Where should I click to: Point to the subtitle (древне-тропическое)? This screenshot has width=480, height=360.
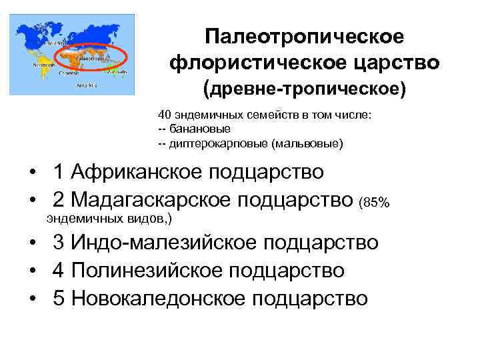pos(304,89)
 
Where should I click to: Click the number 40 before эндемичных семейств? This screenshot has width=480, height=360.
pos(165,115)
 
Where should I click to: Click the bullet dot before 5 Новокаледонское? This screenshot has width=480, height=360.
pos(33,298)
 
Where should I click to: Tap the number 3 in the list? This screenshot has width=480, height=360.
pos(59,242)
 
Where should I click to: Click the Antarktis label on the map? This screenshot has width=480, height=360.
pos(86,85)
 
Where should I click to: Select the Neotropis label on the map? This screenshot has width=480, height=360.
pos(43,64)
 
